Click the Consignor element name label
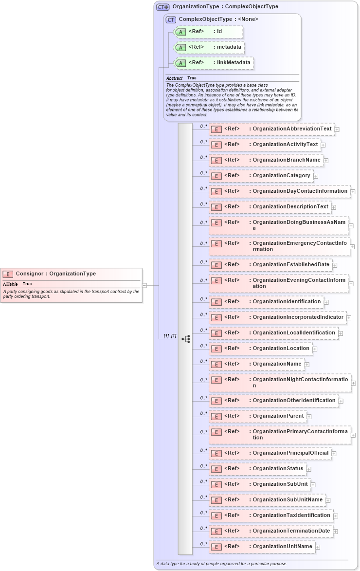pyautogui.click(x=55, y=274)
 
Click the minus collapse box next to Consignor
pyautogui.click(x=144, y=285)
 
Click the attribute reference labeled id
pyautogui.click(x=219, y=32)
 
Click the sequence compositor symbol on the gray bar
pyautogui.click(x=185, y=339)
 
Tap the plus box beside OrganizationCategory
pyautogui.click(x=316, y=176)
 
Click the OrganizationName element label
pyautogui.click(x=277, y=364)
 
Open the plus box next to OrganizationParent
pyautogui.click(x=309, y=416)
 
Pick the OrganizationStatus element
pyautogui.click(x=278, y=468)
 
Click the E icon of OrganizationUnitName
pyautogui.click(x=216, y=547)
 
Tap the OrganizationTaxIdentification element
pyautogui.click(x=291, y=515)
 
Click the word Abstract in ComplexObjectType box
pyautogui.click(x=174, y=78)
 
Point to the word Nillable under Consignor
pyautogui.click(x=11, y=284)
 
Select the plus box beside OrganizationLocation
pyautogui.click(x=315, y=349)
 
